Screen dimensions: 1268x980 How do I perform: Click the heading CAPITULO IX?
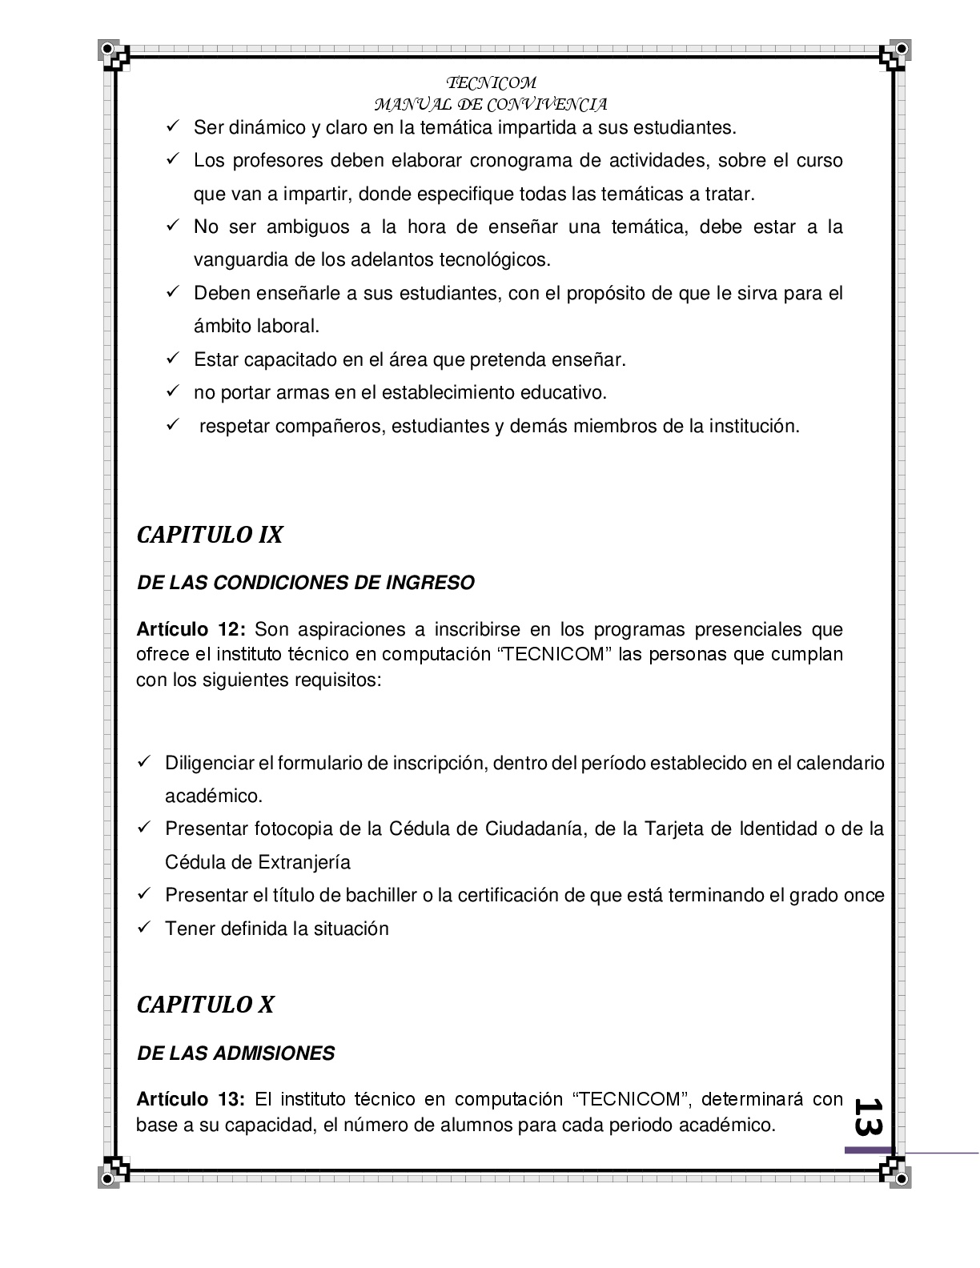(210, 536)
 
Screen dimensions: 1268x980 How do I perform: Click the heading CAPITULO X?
(206, 1005)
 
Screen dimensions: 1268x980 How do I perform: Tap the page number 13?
(867, 1116)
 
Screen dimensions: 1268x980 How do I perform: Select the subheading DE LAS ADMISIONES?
(236, 1053)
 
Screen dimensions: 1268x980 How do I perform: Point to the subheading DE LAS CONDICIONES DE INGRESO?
(306, 583)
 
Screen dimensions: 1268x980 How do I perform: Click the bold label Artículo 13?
(190, 1099)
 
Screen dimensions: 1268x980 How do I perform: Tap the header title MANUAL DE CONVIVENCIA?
(491, 104)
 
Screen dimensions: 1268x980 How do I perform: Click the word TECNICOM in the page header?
(491, 83)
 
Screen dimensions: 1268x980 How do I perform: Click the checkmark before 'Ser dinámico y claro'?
(172, 126)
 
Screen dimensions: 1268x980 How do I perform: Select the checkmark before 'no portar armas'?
(172, 391)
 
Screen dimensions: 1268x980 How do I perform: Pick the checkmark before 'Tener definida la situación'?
(144, 927)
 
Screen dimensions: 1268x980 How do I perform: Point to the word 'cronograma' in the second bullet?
(520, 161)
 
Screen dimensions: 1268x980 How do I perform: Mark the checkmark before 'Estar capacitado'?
(172, 359)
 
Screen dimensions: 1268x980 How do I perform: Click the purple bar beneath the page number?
(868, 1150)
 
